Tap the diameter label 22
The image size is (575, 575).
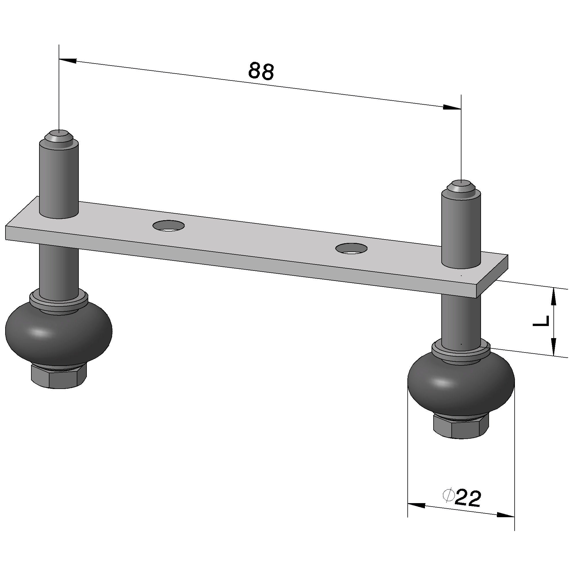click(468, 498)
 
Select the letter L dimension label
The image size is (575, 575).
click(541, 321)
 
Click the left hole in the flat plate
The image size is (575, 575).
click(168, 226)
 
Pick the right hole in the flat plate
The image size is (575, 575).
click(351, 248)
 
